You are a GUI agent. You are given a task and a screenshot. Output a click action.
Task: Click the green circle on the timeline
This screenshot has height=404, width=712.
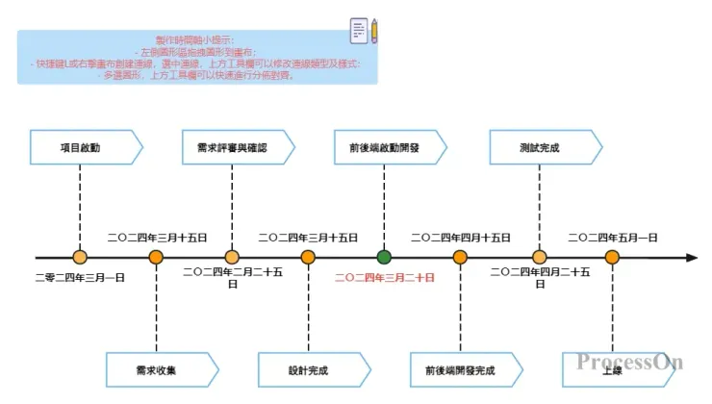[384, 257]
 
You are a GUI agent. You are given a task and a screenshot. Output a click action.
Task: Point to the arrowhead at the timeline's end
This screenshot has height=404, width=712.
[691, 257]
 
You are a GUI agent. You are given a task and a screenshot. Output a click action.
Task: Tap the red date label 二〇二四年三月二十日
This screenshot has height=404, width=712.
[384, 277]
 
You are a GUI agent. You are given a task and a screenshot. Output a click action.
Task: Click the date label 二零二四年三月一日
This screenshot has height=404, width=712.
[80, 277]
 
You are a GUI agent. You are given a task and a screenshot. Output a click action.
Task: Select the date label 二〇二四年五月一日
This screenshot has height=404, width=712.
[613, 237]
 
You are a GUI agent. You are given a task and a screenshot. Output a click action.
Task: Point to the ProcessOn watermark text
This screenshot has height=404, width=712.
[629, 361]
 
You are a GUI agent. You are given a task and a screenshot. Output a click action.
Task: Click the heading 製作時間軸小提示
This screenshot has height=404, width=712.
[194, 39]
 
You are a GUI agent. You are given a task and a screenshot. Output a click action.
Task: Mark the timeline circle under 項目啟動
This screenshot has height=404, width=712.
[80, 257]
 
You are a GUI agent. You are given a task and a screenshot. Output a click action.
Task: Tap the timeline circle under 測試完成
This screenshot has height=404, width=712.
[540, 257]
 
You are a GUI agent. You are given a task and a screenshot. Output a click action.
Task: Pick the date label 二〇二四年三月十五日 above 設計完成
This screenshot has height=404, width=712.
[308, 237]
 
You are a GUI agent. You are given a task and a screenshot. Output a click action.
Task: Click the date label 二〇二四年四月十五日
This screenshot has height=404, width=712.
[460, 237]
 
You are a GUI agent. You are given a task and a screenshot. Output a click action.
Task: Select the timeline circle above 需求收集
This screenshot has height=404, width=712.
[156, 257]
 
